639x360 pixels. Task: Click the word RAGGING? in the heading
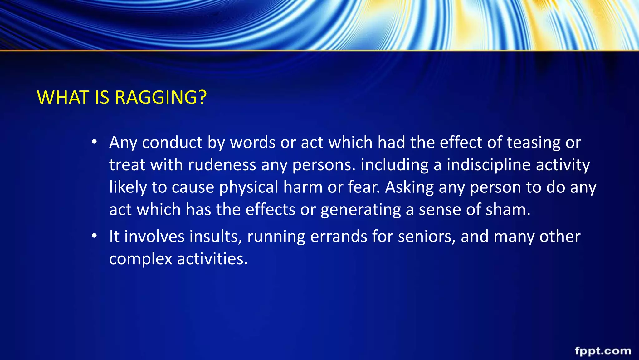pyautogui.click(x=161, y=97)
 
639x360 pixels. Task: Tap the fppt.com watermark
pyautogui.click(x=603, y=351)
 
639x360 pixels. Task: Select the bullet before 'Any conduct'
pyautogui.click(x=94, y=142)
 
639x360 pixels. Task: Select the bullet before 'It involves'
pyautogui.click(x=94, y=236)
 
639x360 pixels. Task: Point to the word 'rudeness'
pyautogui.click(x=222, y=165)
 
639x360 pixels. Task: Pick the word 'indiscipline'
pyautogui.click(x=489, y=165)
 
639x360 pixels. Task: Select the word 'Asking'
pyautogui.click(x=409, y=187)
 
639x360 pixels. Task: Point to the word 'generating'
pyautogui.click(x=361, y=210)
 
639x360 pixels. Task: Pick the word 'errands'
pyautogui.click(x=339, y=237)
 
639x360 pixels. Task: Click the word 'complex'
pyautogui.click(x=140, y=259)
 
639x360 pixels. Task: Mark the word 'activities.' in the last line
pyautogui.click(x=212, y=259)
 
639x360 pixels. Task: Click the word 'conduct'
pyautogui.click(x=172, y=142)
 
